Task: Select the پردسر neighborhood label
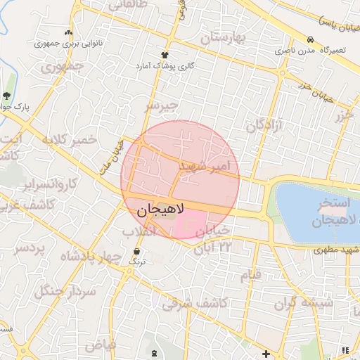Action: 30,248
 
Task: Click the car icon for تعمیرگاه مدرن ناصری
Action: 310,39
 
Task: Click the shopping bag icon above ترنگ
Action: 136,251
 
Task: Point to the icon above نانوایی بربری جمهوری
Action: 68,32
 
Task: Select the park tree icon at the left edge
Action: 6,96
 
